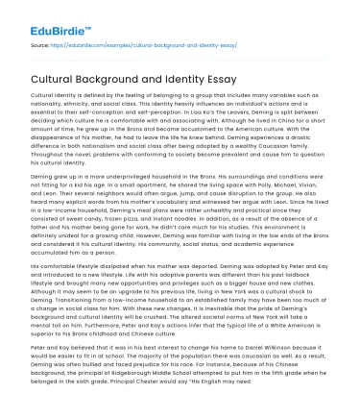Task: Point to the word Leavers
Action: (x=266, y=111)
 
